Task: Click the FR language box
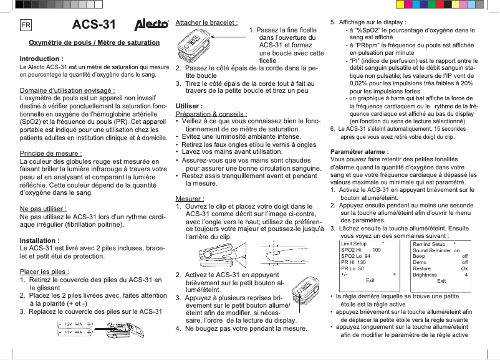click(x=26, y=26)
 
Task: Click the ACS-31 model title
click(x=94, y=25)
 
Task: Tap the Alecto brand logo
click(x=152, y=25)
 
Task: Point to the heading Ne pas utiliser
click(x=44, y=209)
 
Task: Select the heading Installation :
click(x=40, y=240)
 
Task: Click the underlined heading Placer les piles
click(x=45, y=272)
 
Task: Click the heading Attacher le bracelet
click(x=206, y=22)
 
